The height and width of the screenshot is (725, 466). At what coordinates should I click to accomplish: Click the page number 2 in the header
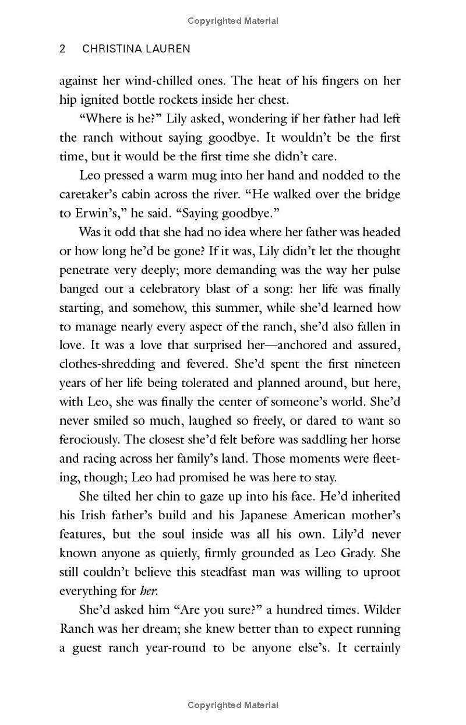pyautogui.click(x=63, y=49)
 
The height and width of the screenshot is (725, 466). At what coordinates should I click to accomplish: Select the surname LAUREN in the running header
pyautogui.click(x=170, y=49)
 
